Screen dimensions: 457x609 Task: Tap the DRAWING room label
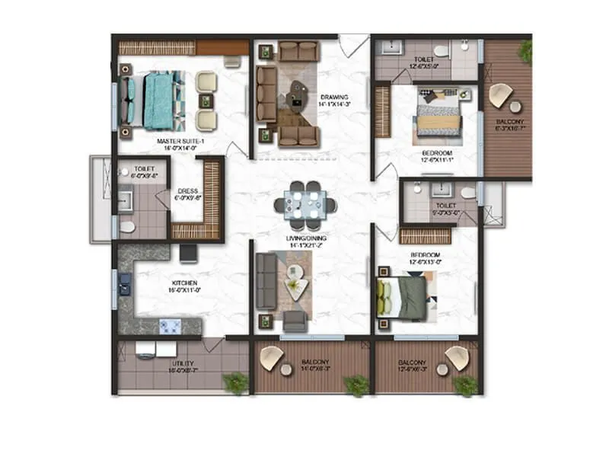point(333,97)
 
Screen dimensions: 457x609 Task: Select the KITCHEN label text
point(184,283)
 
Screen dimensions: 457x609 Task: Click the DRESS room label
point(187,191)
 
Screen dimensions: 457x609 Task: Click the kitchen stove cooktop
point(168,326)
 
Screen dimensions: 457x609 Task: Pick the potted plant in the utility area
point(235,382)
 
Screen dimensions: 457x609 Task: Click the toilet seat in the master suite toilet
point(126,226)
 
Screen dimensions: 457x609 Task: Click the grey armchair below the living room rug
point(295,321)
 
